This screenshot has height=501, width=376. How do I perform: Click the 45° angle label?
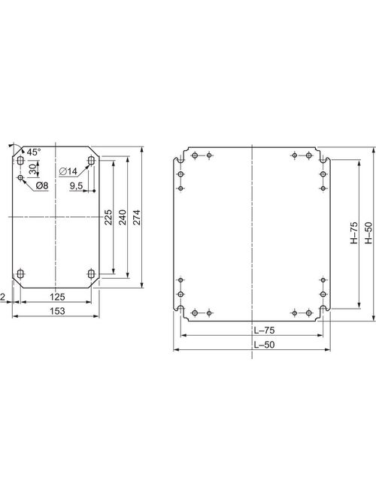pyautogui.click(x=34, y=152)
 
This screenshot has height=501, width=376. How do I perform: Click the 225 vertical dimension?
pyautogui.click(x=109, y=216)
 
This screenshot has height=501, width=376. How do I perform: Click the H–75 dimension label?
pyautogui.click(x=353, y=234)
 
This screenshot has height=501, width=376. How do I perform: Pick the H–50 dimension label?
pyautogui.click(x=368, y=234)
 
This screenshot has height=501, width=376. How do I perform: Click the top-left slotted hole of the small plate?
pyautogui.click(x=19, y=161)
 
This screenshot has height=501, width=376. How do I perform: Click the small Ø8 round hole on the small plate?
pyautogui.click(x=20, y=177)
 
